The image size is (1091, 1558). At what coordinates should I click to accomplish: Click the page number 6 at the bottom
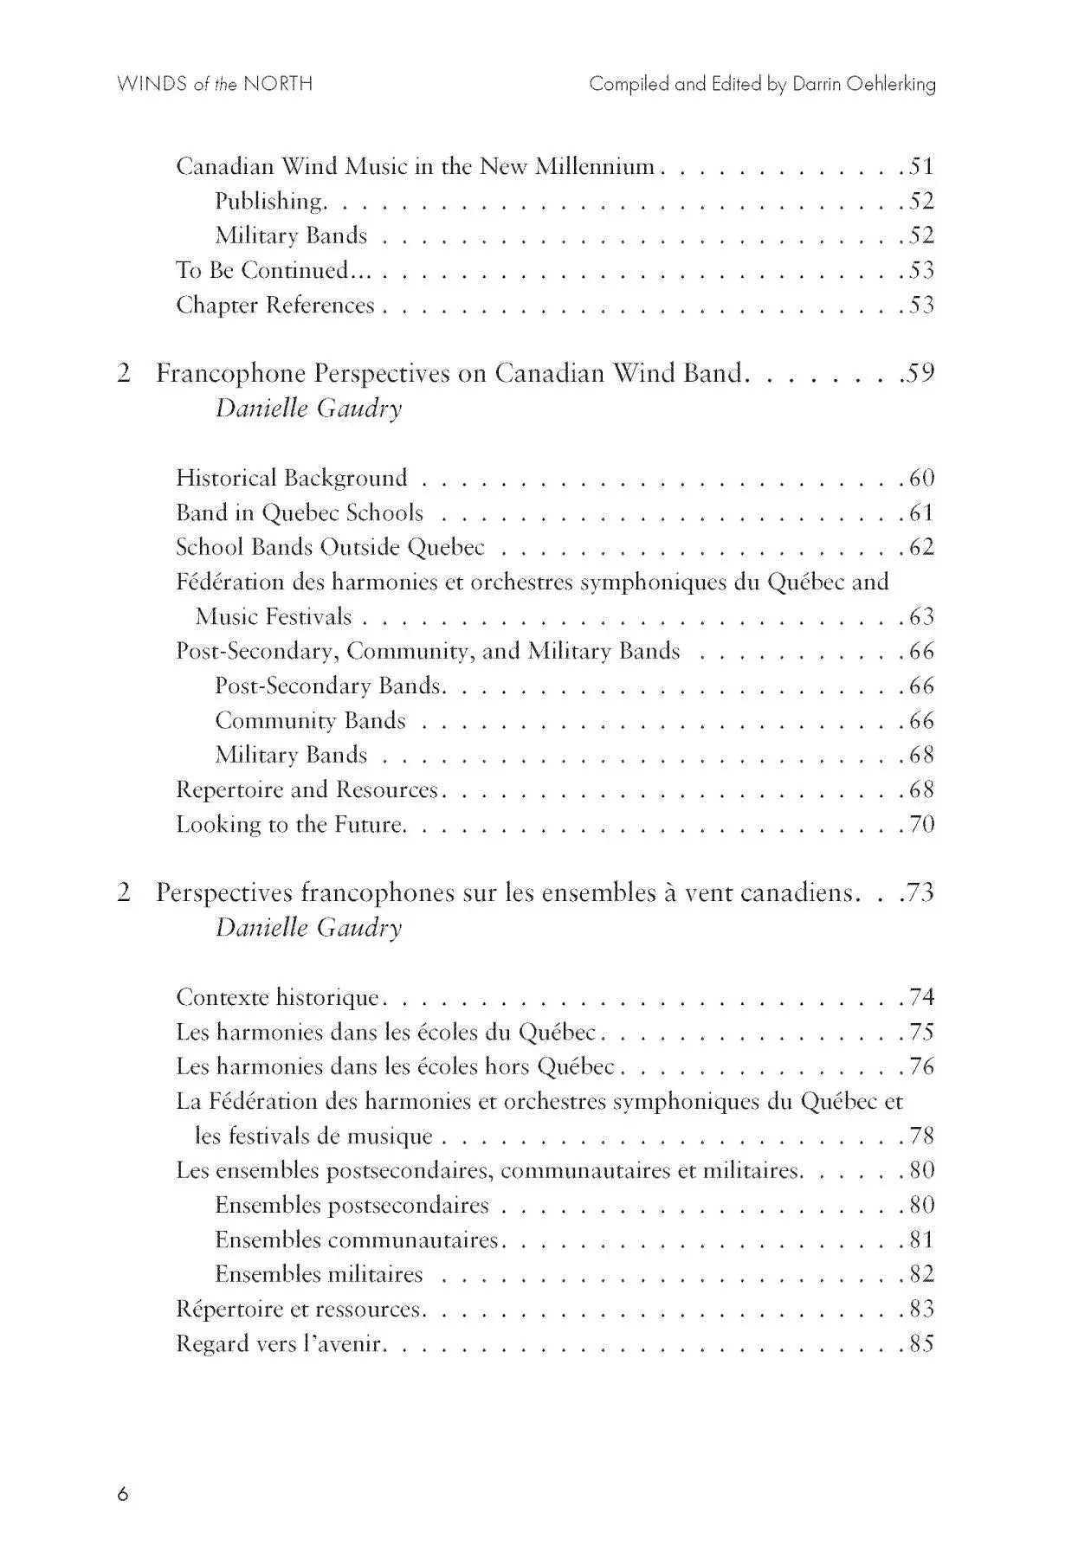pos(123,1494)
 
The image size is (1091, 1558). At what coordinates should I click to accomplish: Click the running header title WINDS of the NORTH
pos(215,84)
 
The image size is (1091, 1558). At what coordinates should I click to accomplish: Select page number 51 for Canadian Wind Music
pos(921,166)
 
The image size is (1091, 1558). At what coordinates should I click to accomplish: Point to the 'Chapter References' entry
pos(275,305)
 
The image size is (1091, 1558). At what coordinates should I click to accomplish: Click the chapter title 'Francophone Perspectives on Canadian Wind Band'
pos(449,373)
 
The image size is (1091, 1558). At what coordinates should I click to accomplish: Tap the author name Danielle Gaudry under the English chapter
pos(309,408)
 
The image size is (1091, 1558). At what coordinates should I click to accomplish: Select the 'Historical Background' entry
pos(292,478)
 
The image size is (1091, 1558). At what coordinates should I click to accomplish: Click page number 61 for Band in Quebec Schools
pos(921,512)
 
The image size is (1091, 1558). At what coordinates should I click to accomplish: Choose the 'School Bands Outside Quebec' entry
pos(330,547)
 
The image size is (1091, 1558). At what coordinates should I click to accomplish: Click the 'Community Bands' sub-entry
pos(310,720)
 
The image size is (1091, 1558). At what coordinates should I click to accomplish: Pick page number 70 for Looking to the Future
pos(921,824)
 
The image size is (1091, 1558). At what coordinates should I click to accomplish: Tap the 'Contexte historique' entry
pos(278,997)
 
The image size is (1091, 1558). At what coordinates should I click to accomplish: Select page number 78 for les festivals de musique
pos(921,1136)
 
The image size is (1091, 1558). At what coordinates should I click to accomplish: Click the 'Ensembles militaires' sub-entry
pos(319,1274)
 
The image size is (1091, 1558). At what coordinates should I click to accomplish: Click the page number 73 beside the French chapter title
pos(921,892)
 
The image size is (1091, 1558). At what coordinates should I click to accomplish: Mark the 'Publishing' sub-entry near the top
pos(269,201)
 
